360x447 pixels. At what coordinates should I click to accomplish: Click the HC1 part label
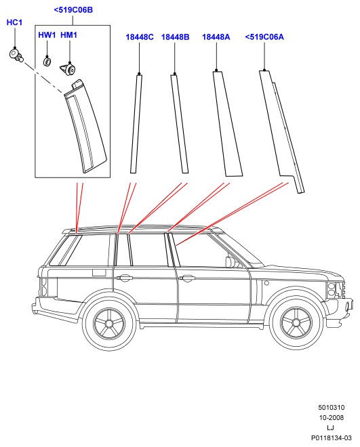pyautogui.click(x=14, y=22)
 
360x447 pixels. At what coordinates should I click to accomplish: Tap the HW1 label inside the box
pyautogui.click(x=47, y=35)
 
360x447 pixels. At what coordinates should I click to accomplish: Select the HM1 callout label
pyautogui.click(x=68, y=35)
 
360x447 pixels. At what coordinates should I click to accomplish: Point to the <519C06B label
pyautogui.click(x=73, y=10)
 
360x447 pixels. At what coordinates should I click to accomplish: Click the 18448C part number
pyautogui.click(x=140, y=37)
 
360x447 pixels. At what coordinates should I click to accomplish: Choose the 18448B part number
pyautogui.click(x=175, y=37)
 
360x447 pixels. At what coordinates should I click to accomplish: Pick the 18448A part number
pyautogui.click(x=216, y=37)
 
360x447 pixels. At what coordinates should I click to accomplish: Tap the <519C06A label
pyautogui.click(x=264, y=37)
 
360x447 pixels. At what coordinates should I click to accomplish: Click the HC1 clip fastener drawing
pyautogui.click(x=16, y=56)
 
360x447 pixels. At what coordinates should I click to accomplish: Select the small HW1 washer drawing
pyautogui.click(x=47, y=61)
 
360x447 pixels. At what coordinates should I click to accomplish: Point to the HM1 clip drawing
pyautogui.click(x=68, y=69)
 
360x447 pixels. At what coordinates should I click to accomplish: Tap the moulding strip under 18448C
pyautogui.click(x=136, y=124)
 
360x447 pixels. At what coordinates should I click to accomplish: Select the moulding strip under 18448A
pyautogui.click(x=227, y=124)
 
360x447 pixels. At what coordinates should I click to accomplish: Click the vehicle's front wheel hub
pyautogui.click(x=296, y=323)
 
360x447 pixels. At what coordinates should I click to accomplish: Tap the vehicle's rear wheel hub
pyautogui.click(x=109, y=324)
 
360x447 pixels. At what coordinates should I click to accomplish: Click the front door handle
pyautogui.click(x=187, y=278)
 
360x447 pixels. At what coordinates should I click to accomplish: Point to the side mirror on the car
pyautogui.click(x=230, y=262)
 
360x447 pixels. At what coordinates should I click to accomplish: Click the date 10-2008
pyautogui.click(x=332, y=418)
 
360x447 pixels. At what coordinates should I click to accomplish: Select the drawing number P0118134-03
pyautogui.click(x=332, y=438)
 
